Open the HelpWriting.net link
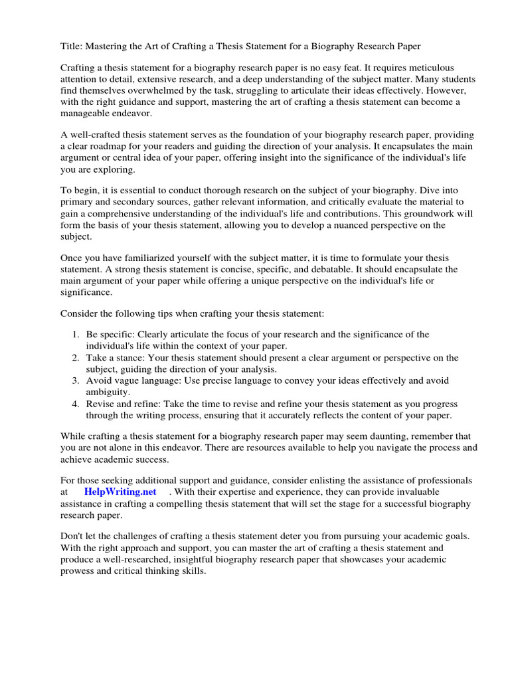click(x=120, y=491)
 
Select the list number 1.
click(x=76, y=335)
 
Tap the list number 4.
click(x=76, y=404)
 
